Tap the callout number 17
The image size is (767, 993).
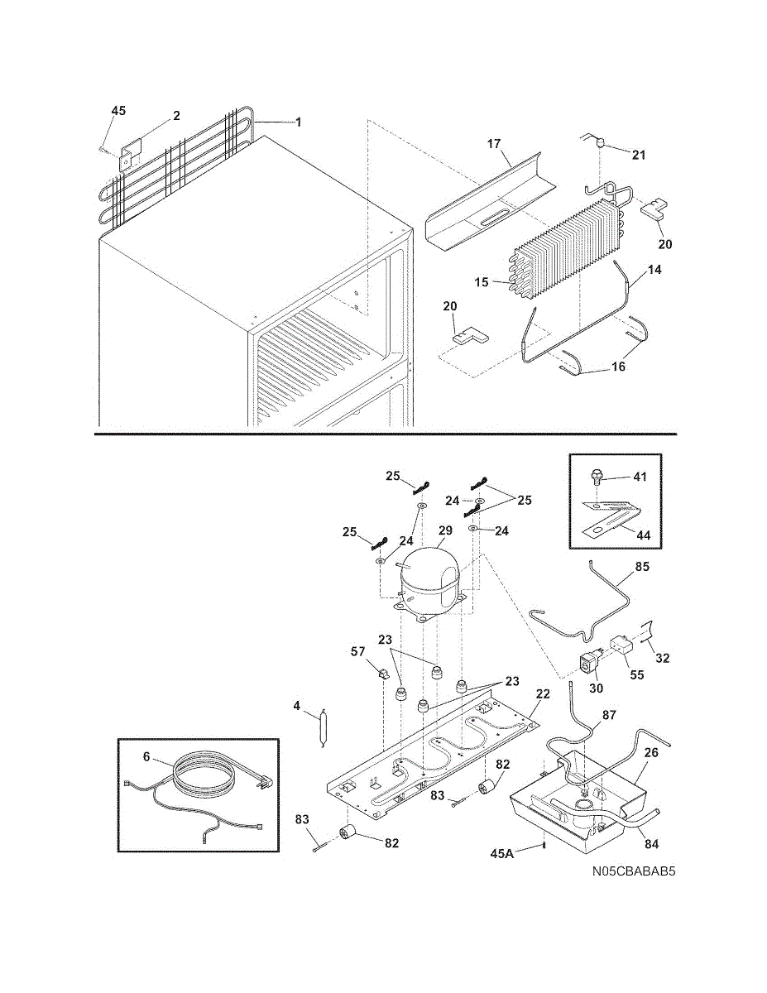tap(494, 144)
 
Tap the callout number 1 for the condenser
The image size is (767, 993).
tap(298, 122)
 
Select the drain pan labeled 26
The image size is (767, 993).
tap(579, 799)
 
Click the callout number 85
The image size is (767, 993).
tap(642, 568)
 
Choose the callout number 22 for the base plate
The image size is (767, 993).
tap(542, 693)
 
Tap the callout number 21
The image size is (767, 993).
tap(639, 155)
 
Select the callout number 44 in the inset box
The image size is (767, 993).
tap(642, 535)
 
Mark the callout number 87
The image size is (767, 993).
tap(609, 714)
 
